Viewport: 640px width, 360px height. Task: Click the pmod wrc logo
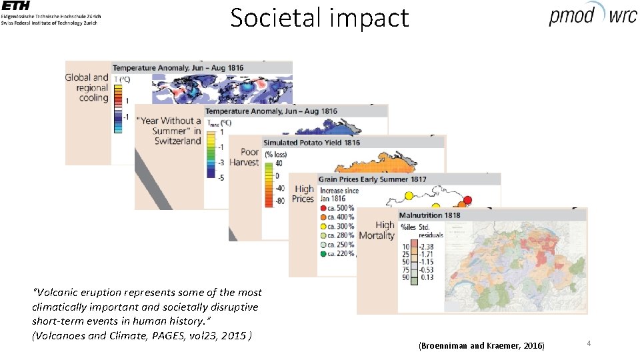click(x=592, y=15)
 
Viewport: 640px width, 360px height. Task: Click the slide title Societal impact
click(x=319, y=18)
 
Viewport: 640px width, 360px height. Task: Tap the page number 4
click(x=589, y=343)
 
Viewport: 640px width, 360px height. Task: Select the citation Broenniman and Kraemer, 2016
click(x=481, y=345)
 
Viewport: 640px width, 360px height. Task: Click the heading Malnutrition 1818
click(x=429, y=215)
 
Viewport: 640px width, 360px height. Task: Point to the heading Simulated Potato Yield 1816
click(x=311, y=143)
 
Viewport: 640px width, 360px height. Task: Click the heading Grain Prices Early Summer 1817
click(x=372, y=179)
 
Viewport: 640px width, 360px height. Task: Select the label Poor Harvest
click(x=244, y=157)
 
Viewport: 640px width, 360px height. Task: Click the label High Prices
click(x=303, y=193)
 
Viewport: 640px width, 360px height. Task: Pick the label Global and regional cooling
click(x=87, y=87)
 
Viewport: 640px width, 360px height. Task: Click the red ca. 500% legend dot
click(x=323, y=207)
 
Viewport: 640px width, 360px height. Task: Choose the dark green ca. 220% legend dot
click(x=323, y=253)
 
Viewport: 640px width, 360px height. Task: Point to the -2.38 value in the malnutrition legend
click(x=427, y=247)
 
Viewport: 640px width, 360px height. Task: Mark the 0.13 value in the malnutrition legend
click(x=426, y=277)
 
